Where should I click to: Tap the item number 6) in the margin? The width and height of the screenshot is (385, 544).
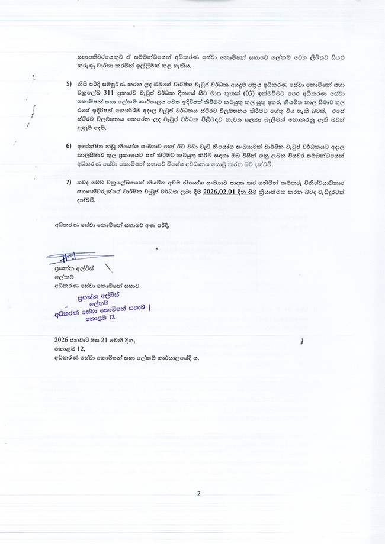[x=69, y=145]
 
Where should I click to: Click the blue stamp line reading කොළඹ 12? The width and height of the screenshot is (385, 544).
[x=102, y=317]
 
